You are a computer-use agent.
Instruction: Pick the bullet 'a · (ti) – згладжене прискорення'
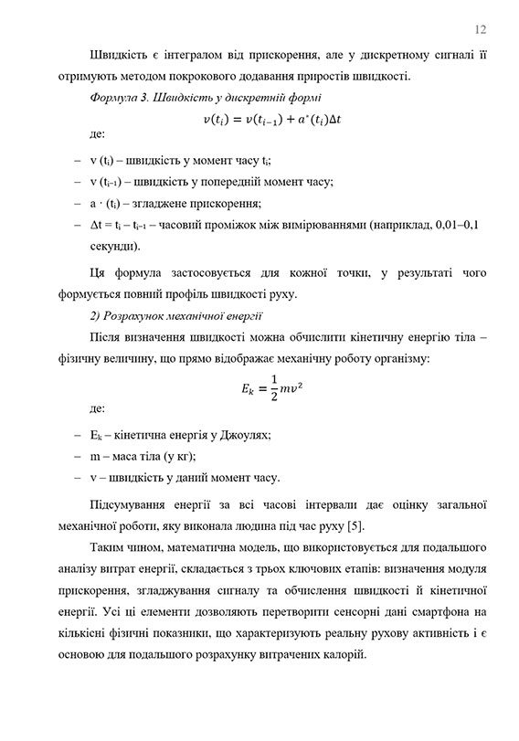[x=176, y=203]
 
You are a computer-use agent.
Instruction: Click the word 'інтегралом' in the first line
[x=194, y=54]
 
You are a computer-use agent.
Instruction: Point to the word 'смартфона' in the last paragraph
[x=450, y=610]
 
